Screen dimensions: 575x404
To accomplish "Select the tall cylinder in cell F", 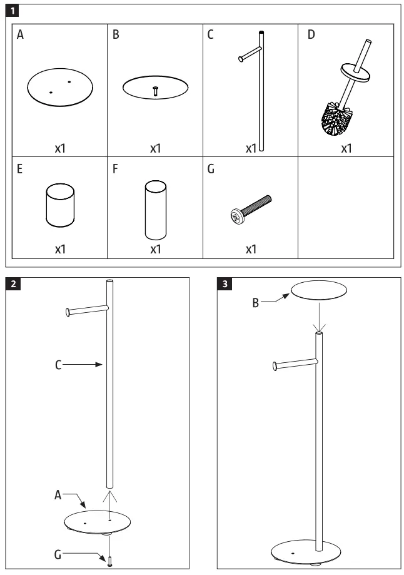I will pyautogui.click(x=155, y=210).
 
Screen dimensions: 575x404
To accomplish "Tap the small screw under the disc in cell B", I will pyautogui.click(x=155, y=91).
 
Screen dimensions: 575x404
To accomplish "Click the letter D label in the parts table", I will pyautogui.click(x=311, y=35).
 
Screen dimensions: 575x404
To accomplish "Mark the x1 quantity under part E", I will pyautogui.click(x=59, y=249).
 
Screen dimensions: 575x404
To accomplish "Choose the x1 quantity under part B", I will pyautogui.click(x=155, y=149).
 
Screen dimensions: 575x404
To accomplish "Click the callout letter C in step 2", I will pyautogui.click(x=58, y=364).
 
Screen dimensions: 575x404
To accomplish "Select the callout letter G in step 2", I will pyautogui.click(x=58, y=554).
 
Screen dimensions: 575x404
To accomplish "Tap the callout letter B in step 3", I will pyautogui.click(x=256, y=302).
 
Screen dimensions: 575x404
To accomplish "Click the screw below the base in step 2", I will pyautogui.click(x=109, y=561).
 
